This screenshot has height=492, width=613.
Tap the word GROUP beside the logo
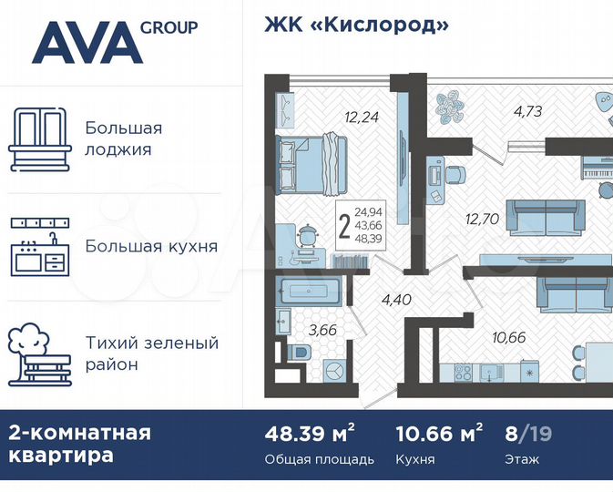(x=169, y=26)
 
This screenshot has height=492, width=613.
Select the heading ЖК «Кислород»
(x=356, y=25)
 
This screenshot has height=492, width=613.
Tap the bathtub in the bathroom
(x=309, y=294)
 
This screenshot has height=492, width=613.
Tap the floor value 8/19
(x=529, y=433)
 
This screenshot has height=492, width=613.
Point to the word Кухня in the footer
(x=414, y=459)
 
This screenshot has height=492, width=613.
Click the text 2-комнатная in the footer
(x=79, y=432)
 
